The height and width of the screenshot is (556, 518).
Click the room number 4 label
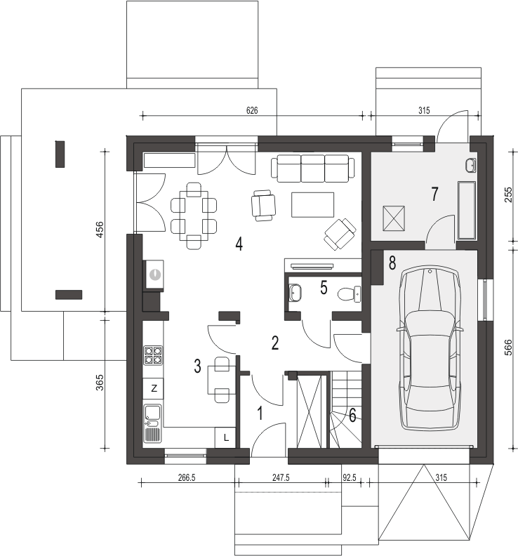[239, 244]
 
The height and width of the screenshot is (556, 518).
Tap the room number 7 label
[434, 194]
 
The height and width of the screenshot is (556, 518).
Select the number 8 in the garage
[392, 263]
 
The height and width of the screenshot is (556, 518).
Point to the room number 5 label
[324, 288]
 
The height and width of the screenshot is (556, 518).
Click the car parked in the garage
[430, 349]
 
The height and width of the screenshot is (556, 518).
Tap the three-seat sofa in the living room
[313, 168]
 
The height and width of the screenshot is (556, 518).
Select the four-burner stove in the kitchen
[153, 355]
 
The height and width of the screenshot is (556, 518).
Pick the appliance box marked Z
[153, 388]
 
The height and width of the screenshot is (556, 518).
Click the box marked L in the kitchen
[225, 437]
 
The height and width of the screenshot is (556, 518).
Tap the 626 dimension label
[252, 110]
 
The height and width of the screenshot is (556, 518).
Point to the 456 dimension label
[100, 230]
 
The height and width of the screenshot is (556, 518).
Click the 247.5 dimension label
[281, 477]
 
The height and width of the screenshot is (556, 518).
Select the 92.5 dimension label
[350, 477]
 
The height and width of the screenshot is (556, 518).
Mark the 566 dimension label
[507, 348]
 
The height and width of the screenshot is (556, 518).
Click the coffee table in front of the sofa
[313, 204]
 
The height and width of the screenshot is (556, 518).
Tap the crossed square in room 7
[394, 218]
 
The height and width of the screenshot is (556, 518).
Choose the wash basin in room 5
[295, 293]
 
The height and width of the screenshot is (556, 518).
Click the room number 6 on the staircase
[352, 415]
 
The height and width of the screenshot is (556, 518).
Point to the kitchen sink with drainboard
[152, 423]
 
